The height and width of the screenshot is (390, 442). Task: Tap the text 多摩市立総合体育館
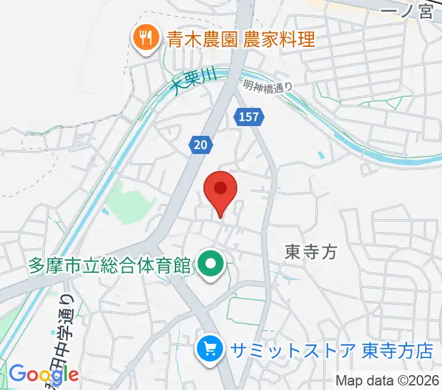coord(109,265)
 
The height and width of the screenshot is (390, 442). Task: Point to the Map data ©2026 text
coord(387,380)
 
